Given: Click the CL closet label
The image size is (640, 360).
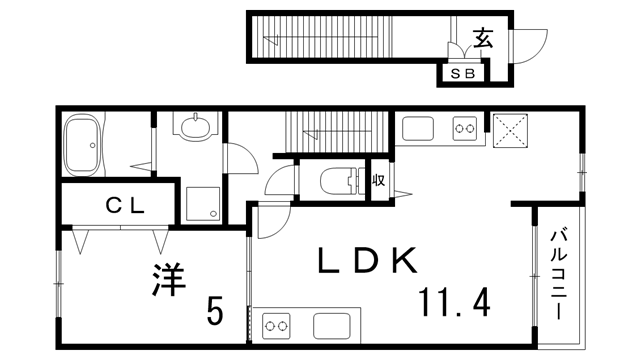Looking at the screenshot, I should (127, 205).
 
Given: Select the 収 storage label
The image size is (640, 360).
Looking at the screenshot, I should (379, 181).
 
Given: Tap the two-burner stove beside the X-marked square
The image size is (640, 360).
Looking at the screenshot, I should (464, 128).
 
